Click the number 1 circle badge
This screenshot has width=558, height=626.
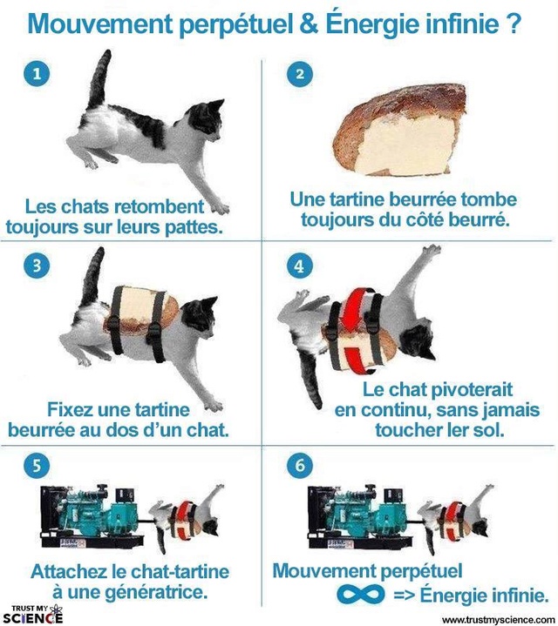(x=37, y=74)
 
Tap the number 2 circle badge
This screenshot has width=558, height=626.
(x=300, y=74)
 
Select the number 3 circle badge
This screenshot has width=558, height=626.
(x=37, y=266)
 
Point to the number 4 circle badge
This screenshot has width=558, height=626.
(x=300, y=266)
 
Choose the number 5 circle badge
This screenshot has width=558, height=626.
(x=37, y=466)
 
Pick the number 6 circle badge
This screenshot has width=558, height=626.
(x=300, y=466)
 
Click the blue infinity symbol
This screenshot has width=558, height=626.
(x=361, y=595)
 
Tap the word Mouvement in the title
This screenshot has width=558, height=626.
(x=100, y=24)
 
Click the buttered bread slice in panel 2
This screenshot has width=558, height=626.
(x=400, y=130)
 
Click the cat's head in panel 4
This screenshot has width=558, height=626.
(x=418, y=342)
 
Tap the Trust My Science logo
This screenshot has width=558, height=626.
(x=33, y=614)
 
